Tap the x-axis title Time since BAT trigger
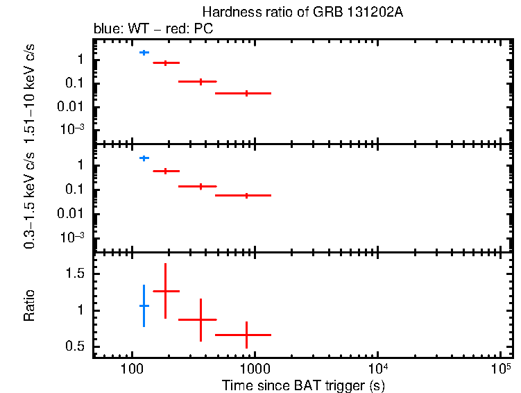click(x=303, y=384)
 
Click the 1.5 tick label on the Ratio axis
click(x=77, y=274)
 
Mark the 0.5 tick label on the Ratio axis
click(x=77, y=346)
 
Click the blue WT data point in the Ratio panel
click(x=144, y=306)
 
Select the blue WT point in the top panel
click(x=144, y=52)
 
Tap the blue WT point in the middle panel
click(x=144, y=158)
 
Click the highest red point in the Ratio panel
click(x=165, y=291)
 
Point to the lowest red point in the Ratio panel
click(x=246, y=335)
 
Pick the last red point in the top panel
click(x=246, y=93)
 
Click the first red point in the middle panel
click(x=165, y=171)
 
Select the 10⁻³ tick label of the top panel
click(x=74, y=129)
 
